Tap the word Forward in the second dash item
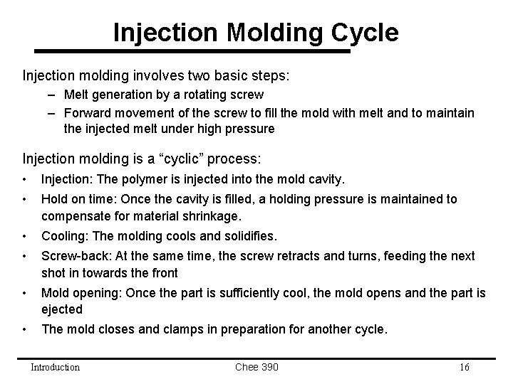88,113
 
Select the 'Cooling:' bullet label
65,235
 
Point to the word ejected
62,309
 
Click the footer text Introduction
56,367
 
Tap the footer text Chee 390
256,367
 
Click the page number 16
464,367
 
